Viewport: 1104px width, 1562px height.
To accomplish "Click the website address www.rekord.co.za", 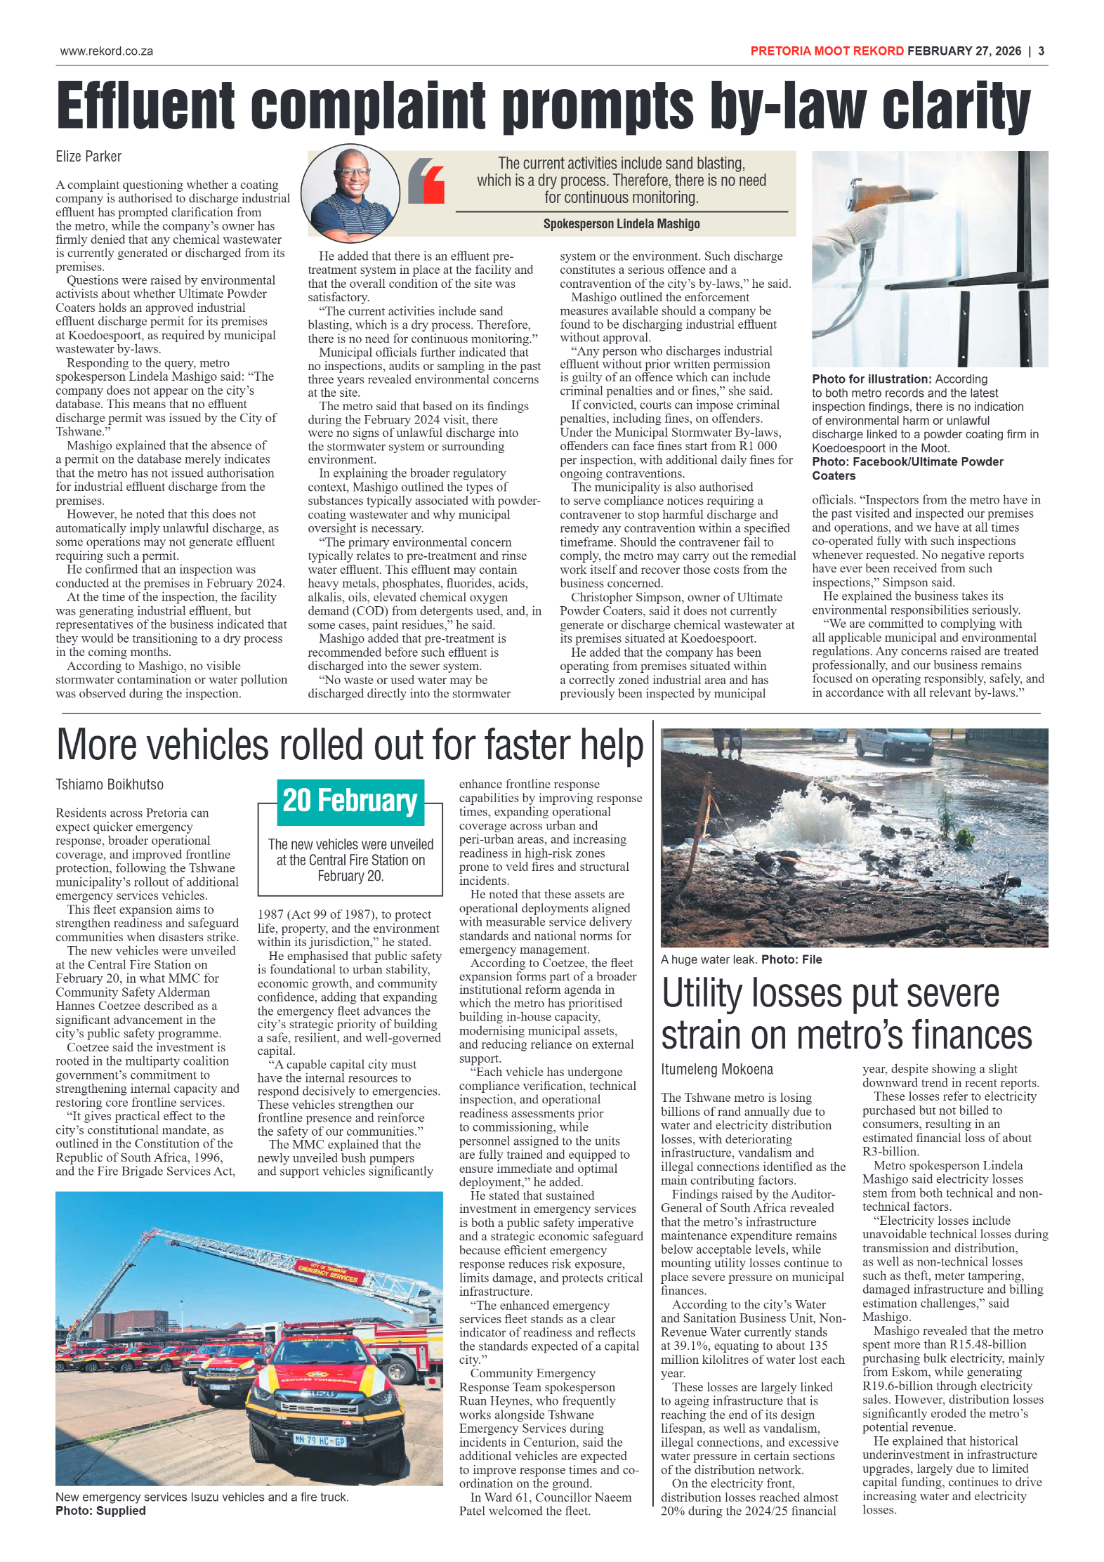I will (x=106, y=51).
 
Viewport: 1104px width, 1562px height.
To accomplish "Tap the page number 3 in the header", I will (x=1041, y=51).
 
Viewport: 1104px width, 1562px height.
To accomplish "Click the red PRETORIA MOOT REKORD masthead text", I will (x=827, y=51).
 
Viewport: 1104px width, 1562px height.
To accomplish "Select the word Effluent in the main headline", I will (x=145, y=107).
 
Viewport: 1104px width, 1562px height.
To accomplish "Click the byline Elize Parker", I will (x=88, y=157).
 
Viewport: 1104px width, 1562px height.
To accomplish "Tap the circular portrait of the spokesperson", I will (x=350, y=193).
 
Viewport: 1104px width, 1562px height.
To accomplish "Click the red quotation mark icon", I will (x=426, y=181).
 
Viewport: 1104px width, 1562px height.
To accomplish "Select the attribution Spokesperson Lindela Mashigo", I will (x=621, y=224).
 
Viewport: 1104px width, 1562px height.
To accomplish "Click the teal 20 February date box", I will (x=350, y=801).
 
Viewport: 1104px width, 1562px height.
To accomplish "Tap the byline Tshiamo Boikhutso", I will (x=110, y=785).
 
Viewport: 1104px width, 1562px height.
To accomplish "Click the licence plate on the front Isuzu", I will (x=320, y=1441).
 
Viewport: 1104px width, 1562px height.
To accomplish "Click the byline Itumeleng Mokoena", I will (x=716, y=1070).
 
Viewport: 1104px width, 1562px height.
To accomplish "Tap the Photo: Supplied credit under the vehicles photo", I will (x=100, y=1511).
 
